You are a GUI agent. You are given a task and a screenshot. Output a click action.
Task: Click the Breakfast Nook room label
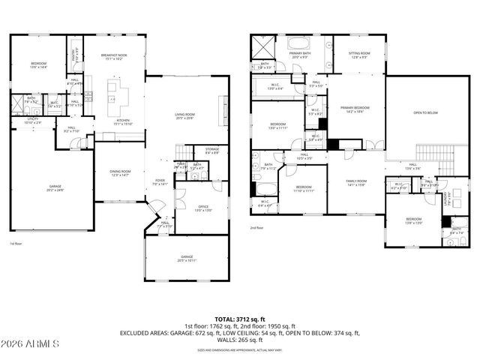[111, 55]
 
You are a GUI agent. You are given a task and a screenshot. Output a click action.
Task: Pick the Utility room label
[32, 120]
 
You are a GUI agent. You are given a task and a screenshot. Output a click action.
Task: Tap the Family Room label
[356, 182]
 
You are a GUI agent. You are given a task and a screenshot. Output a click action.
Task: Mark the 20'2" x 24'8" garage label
[55, 187]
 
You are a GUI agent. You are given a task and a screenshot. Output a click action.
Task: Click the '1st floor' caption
[16, 244]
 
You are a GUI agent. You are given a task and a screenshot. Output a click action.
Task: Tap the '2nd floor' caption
[258, 228]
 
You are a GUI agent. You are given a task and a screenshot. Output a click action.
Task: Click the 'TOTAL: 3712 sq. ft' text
[240, 319]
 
